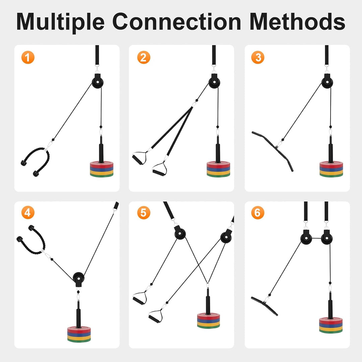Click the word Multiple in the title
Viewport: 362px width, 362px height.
tap(60, 21)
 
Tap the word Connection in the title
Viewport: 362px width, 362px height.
tap(177, 21)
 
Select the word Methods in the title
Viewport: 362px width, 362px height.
tap(297, 21)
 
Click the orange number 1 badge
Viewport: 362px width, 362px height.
tap(28, 58)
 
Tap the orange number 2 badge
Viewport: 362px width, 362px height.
tap(143, 58)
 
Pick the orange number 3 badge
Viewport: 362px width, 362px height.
tap(258, 58)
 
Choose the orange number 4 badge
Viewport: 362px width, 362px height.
tap(28, 213)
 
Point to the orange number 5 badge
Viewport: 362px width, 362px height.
tap(143, 213)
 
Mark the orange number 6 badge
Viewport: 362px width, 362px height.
tap(258, 213)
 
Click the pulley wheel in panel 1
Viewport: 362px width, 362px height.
tap(98, 82)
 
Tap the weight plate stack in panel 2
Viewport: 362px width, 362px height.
tap(219, 169)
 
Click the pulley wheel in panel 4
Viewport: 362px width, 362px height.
tap(79, 278)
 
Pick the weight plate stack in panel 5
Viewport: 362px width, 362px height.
tap(208, 321)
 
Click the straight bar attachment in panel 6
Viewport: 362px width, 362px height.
tap(264, 306)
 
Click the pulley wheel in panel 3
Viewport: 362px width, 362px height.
tap(327, 82)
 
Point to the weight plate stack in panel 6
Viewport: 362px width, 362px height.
tap(331, 325)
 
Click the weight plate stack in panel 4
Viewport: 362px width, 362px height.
tap(79, 334)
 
